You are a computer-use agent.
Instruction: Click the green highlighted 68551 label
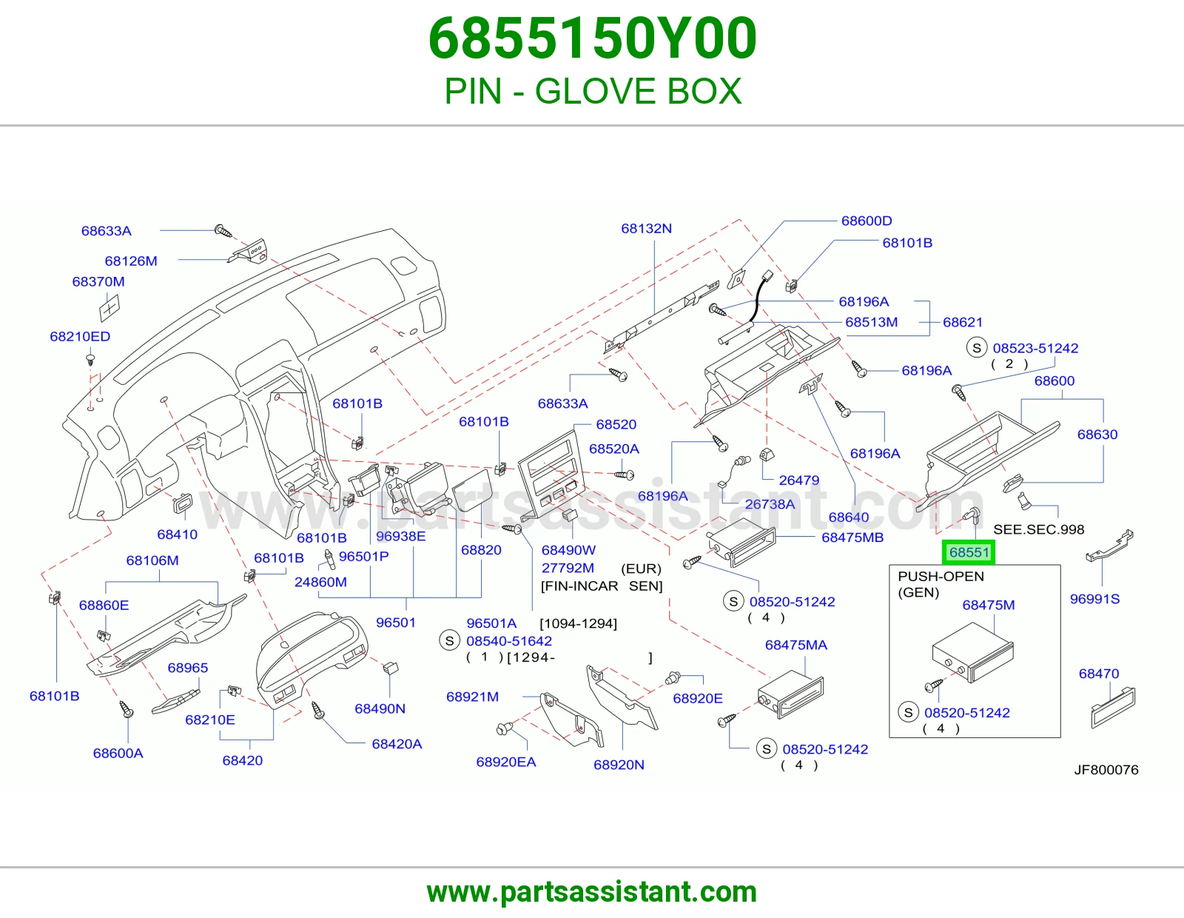[x=968, y=553]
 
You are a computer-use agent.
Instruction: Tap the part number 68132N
[x=646, y=229]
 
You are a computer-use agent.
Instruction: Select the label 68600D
[x=867, y=221]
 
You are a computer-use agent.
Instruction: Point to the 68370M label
[x=98, y=282]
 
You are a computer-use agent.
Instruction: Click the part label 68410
[x=177, y=535]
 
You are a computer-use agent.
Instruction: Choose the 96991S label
[x=1094, y=599]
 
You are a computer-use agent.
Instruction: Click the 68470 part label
[x=1099, y=674]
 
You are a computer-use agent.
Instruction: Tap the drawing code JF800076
[x=1106, y=770]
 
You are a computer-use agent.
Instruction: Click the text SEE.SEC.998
[x=1038, y=529]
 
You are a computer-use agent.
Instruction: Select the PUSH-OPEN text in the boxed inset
[x=941, y=576]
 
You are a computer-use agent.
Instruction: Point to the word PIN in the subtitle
[x=473, y=91]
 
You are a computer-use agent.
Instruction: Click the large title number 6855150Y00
[x=592, y=38]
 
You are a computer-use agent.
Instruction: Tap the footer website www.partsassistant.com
[x=592, y=892]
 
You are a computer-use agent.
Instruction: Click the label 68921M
[x=472, y=697]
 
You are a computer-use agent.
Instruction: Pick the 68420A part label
[x=397, y=744]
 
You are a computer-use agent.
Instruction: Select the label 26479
[x=798, y=480]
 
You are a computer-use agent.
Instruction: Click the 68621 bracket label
[x=963, y=322]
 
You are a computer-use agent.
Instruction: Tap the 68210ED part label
[x=80, y=336]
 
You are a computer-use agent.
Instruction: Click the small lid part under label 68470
[x=1113, y=707]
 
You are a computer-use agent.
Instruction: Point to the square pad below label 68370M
[x=110, y=308]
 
